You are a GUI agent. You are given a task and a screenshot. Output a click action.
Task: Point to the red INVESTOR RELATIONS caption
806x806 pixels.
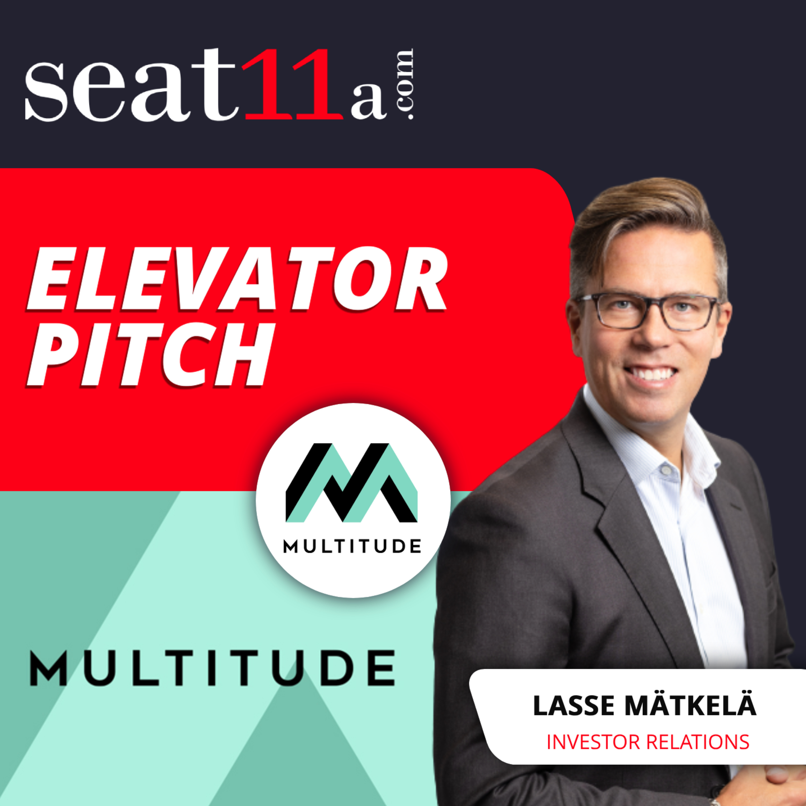(648, 742)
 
